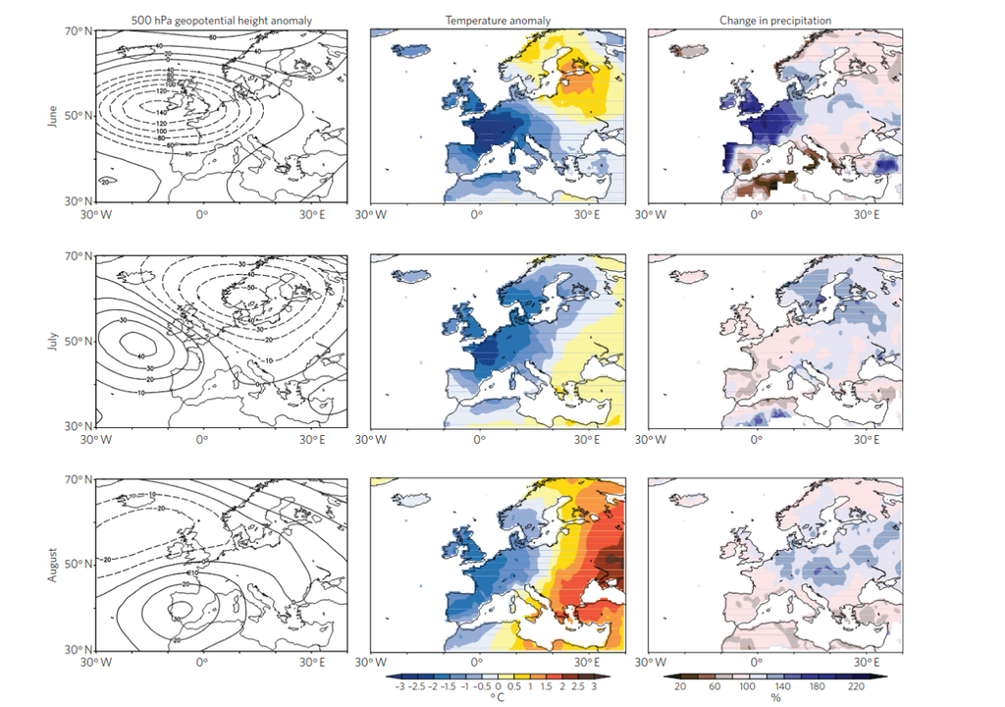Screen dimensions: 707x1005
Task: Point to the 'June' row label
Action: click(x=52, y=116)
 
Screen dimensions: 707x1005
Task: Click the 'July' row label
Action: click(x=52, y=343)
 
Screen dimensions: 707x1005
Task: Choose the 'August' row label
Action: click(x=52, y=568)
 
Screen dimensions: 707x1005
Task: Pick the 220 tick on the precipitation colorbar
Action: click(x=856, y=686)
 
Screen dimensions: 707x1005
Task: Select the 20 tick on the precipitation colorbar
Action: click(x=680, y=686)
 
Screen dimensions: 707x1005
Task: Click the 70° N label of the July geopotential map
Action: click(x=79, y=256)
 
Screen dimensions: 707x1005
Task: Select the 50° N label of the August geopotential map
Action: click(x=79, y=566)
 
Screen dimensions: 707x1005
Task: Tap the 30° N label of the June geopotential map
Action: click(x=79, y=202)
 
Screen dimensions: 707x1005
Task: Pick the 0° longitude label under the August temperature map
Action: click(x=479, y=662)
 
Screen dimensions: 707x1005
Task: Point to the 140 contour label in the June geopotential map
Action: click(x=163, y=113)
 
